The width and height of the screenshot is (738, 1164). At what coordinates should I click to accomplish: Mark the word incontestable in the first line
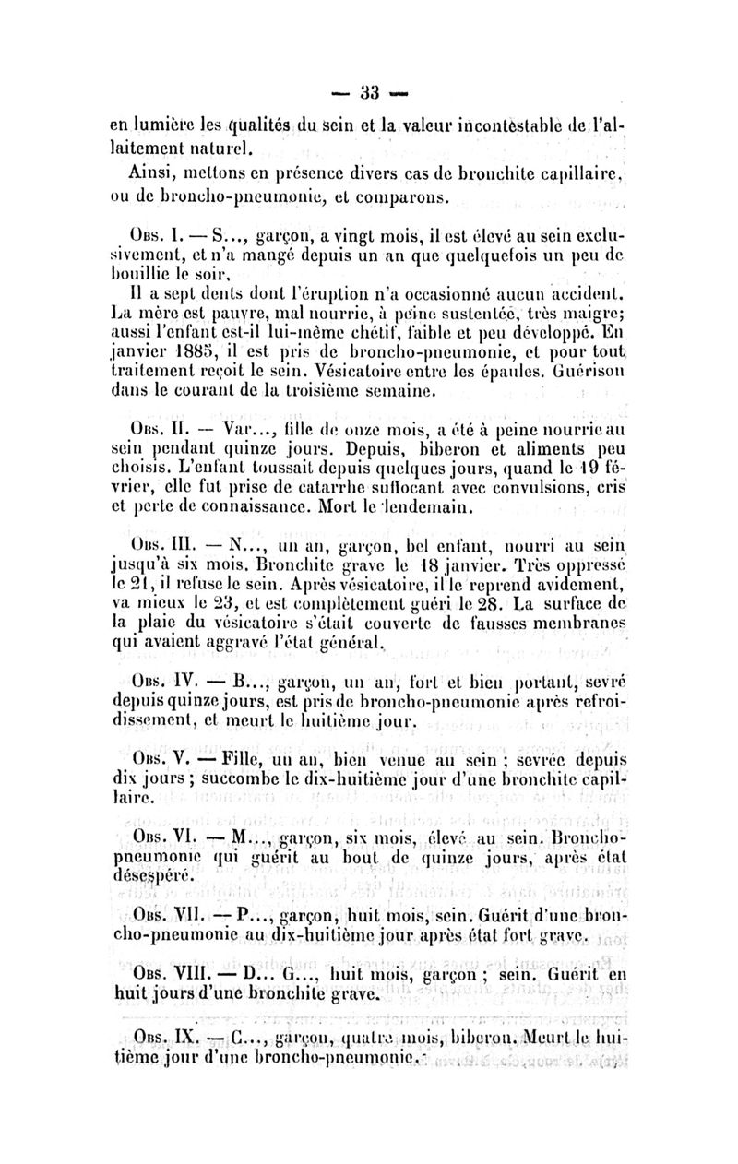[x=529, y=126]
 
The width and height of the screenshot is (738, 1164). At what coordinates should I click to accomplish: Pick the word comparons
[x=399, y=196]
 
